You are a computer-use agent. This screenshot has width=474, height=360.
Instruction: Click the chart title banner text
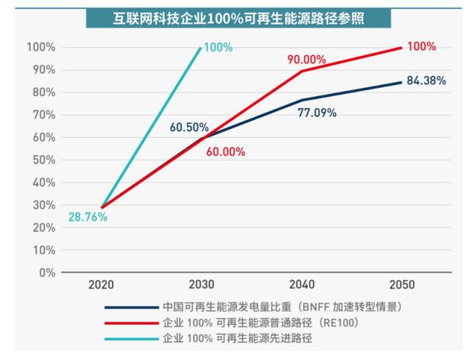(238, 18)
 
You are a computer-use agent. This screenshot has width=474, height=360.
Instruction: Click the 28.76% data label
(87, 217)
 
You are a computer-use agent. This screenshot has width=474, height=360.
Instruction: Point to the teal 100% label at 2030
(218, 48)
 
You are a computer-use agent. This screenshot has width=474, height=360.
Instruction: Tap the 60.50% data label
(189, 127)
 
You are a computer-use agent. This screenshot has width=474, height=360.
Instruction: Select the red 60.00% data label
(225, 152)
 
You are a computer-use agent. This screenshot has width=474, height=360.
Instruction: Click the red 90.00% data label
(307, 59)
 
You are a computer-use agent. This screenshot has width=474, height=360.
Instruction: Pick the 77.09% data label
(317, 112)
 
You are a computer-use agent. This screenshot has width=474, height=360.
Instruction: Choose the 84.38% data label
(426, 81)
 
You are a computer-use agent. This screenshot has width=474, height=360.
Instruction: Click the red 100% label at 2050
(421, 47)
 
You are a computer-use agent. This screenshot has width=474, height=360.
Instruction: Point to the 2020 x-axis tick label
(101, 285)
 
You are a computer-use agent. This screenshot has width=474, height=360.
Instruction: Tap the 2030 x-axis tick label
(202, 285)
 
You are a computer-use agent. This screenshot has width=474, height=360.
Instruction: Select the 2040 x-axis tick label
(302, 285)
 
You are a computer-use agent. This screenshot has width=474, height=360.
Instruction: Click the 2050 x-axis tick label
(402, 285)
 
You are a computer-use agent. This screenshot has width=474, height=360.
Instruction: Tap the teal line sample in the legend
(131, 339)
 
